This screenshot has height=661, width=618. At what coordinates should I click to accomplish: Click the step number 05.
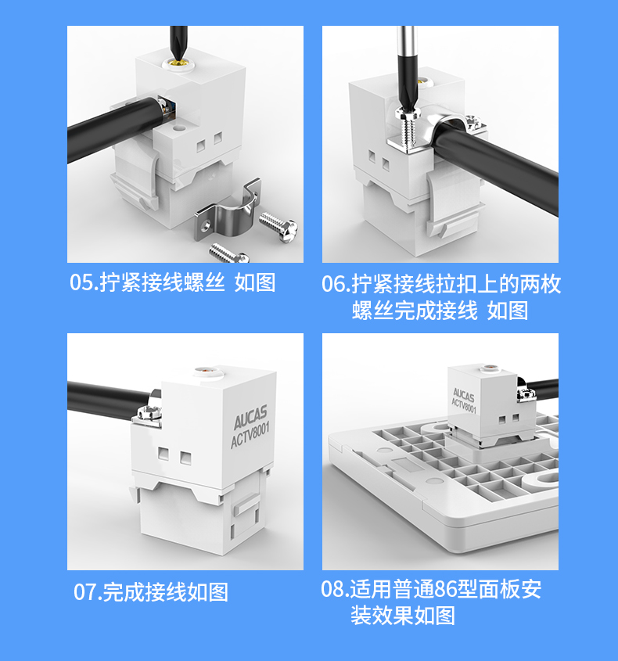83,282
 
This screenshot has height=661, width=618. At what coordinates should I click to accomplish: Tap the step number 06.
335,284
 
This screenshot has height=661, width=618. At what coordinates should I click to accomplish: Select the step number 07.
88,592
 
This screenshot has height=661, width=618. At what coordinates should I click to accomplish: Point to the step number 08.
334,589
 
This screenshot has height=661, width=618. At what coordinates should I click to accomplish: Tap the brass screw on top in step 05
178,64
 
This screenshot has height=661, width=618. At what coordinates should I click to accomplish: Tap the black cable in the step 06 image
498,164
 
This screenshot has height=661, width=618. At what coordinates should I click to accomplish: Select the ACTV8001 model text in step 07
250,436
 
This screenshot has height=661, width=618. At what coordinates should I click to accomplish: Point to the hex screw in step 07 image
148,414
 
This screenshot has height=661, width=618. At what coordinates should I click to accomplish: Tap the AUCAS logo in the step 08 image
464,394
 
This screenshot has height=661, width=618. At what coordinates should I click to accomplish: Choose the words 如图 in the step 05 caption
255,282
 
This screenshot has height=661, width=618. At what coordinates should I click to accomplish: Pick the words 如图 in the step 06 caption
508,311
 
